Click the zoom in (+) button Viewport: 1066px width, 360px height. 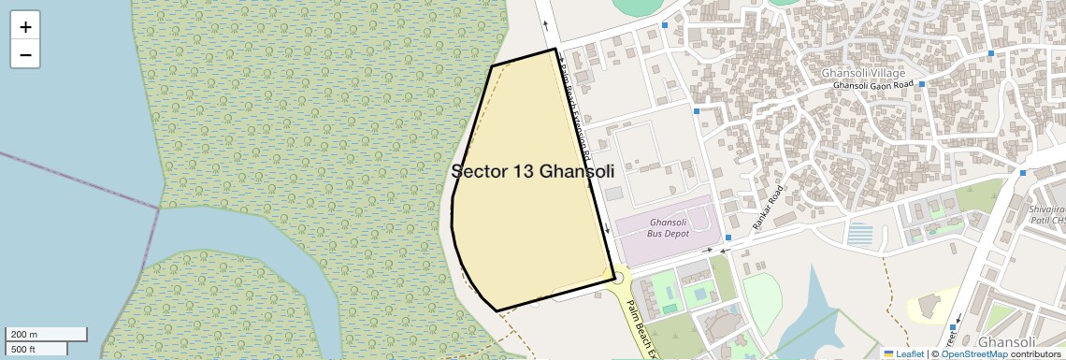25,27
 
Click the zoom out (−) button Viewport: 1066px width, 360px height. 25,54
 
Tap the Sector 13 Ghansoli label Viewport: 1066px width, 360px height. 532,172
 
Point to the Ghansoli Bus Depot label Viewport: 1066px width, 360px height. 669,227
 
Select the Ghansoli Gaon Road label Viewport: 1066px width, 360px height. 872,85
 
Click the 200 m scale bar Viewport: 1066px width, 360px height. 47,335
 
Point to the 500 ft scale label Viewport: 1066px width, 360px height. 24,350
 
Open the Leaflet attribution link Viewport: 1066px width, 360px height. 903,353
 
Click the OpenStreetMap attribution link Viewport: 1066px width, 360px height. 974,353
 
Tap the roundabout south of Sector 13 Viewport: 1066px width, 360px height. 616,278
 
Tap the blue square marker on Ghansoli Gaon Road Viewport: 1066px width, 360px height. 921,84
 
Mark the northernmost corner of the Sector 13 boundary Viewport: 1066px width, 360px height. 555,49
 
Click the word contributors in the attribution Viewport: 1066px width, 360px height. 1035,353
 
